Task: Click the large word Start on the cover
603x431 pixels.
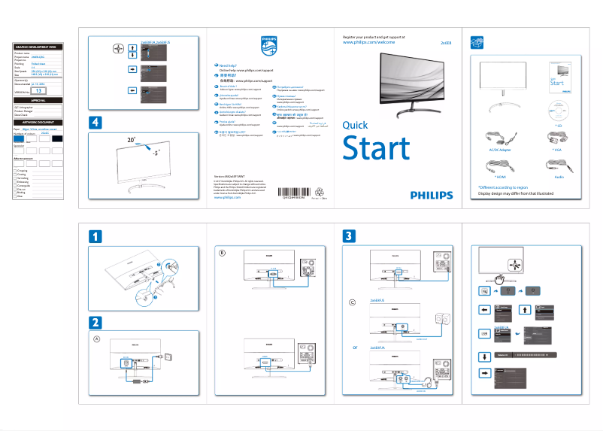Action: coord(376,149)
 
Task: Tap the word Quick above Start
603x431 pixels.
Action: coord(355,126)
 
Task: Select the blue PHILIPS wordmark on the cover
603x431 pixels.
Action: coord(432,194)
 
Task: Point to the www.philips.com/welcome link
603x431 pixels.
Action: coord(368,43)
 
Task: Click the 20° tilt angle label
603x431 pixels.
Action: coord(131,140)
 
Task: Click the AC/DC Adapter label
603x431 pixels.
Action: coord(495,150)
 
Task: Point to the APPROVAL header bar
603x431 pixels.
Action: coord(38,100)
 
